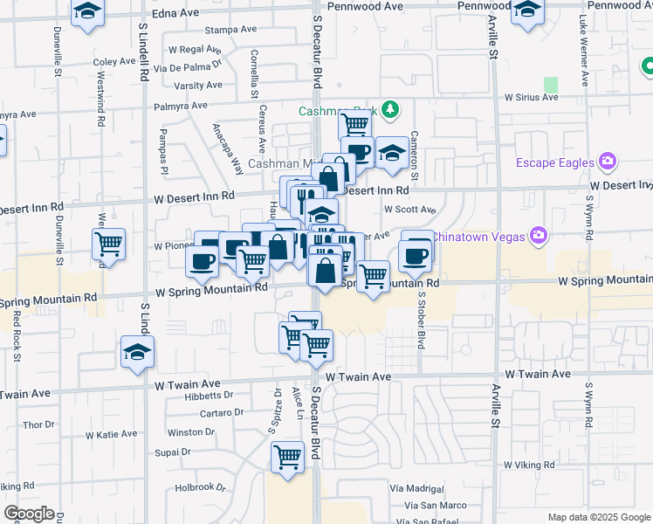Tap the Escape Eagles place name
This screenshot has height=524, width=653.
[553, 162]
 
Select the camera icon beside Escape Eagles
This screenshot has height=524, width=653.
[608, 162]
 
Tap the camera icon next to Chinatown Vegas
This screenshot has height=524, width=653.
[540, 236]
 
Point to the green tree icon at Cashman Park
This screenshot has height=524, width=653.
[392, 109]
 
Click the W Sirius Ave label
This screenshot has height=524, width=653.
[531, 97]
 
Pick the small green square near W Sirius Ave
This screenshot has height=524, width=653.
[551, 85]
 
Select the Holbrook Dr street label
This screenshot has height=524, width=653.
[200, 488]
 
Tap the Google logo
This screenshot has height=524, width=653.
[29, 514]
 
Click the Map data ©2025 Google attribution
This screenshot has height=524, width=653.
[599, 517]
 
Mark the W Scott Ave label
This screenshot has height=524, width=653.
[409, 210]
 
